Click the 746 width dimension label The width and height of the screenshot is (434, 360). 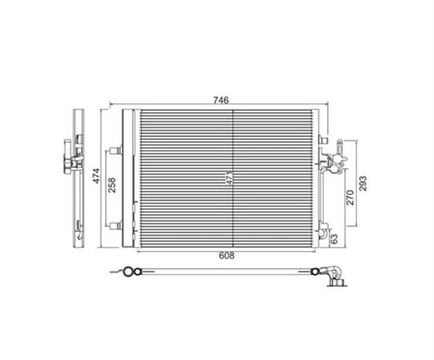[221, 100]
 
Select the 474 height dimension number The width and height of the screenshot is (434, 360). [96, 176]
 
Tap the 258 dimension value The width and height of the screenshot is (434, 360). [112, 185]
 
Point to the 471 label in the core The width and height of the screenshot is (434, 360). [230, 179]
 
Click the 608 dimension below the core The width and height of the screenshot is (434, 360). [227, 256]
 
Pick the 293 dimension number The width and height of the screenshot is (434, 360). [363, 183]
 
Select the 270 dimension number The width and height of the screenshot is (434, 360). [350, 198]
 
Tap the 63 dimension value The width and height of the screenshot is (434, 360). [335, 238]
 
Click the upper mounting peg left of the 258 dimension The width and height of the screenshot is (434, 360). [115, 151]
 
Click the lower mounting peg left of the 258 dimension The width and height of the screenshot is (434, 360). [115, 226]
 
